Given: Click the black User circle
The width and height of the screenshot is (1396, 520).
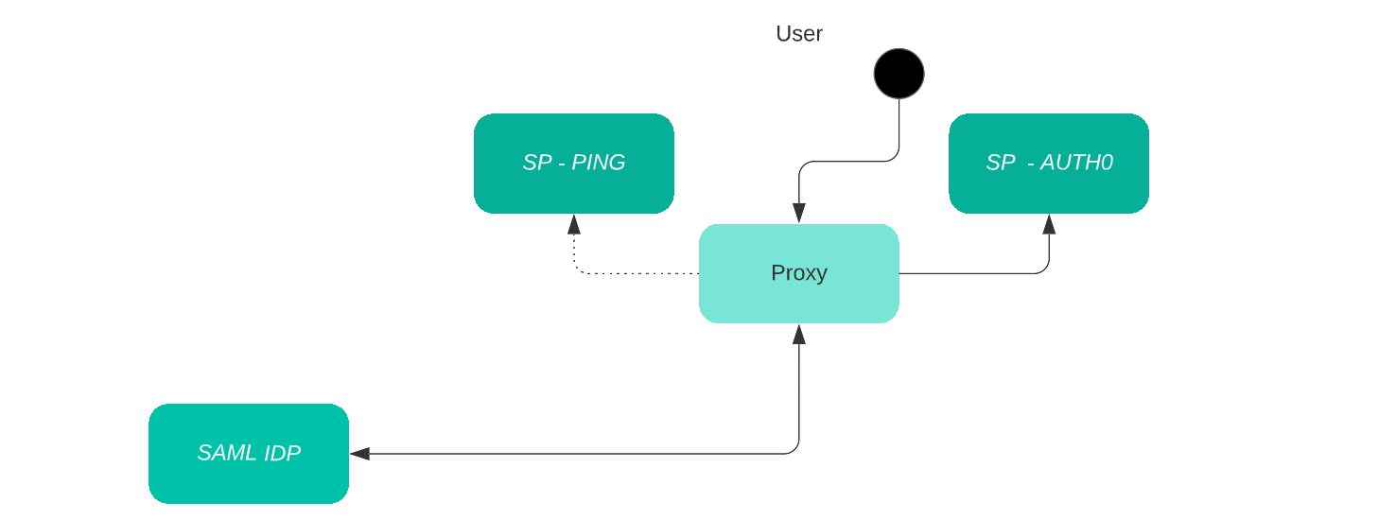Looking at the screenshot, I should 899,74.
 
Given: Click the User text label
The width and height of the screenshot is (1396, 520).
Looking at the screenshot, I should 799,34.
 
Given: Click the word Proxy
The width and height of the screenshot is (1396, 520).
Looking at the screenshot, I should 799,273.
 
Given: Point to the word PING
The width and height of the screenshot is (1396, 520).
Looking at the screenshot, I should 599,163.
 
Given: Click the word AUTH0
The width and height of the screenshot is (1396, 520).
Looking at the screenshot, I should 1076,163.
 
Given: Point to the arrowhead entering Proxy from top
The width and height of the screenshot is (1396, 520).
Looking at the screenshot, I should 799,214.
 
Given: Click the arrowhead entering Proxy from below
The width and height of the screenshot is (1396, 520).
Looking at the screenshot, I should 799,334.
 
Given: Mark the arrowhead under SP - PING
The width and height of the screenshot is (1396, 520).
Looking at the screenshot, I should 574,224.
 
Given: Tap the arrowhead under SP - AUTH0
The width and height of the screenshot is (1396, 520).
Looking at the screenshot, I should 1049,224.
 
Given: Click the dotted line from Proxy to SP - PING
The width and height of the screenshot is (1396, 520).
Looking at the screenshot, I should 643,273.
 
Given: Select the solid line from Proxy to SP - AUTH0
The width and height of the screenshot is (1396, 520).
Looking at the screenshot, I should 974,273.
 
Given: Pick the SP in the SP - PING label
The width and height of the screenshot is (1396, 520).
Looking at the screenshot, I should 536,163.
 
